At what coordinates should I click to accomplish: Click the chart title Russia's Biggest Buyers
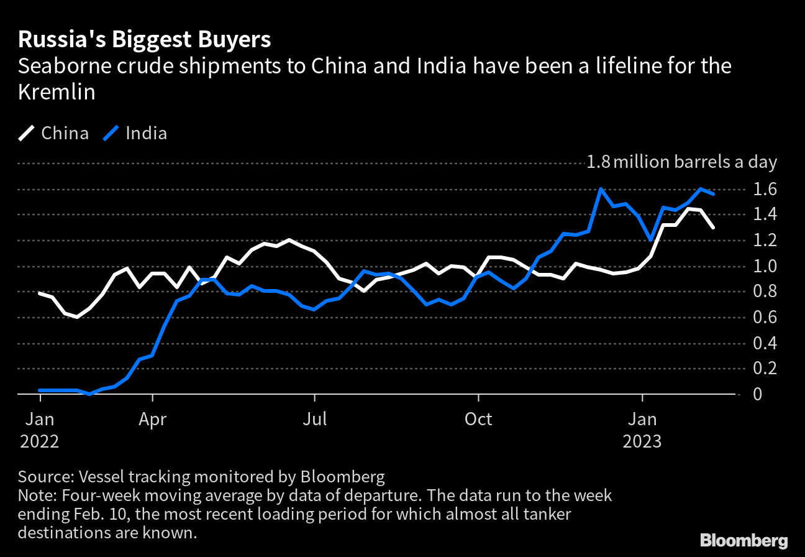[x=144, y=40]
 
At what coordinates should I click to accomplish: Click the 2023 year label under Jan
[x=642, y=442]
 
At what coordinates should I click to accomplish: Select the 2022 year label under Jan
[x=40, y=442]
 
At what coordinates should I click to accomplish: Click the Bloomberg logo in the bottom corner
[x=744, y=540]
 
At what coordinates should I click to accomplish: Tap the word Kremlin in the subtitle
[x=57, y=92]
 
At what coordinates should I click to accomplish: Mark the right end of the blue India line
[x=713, y=194]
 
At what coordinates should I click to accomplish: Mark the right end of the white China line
[x=713, y=228]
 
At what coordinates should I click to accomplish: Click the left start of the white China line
[x=40, y=293]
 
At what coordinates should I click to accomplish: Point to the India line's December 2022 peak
[x=601, y=189]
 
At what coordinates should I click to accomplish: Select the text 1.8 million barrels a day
[x=682, y=162]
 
